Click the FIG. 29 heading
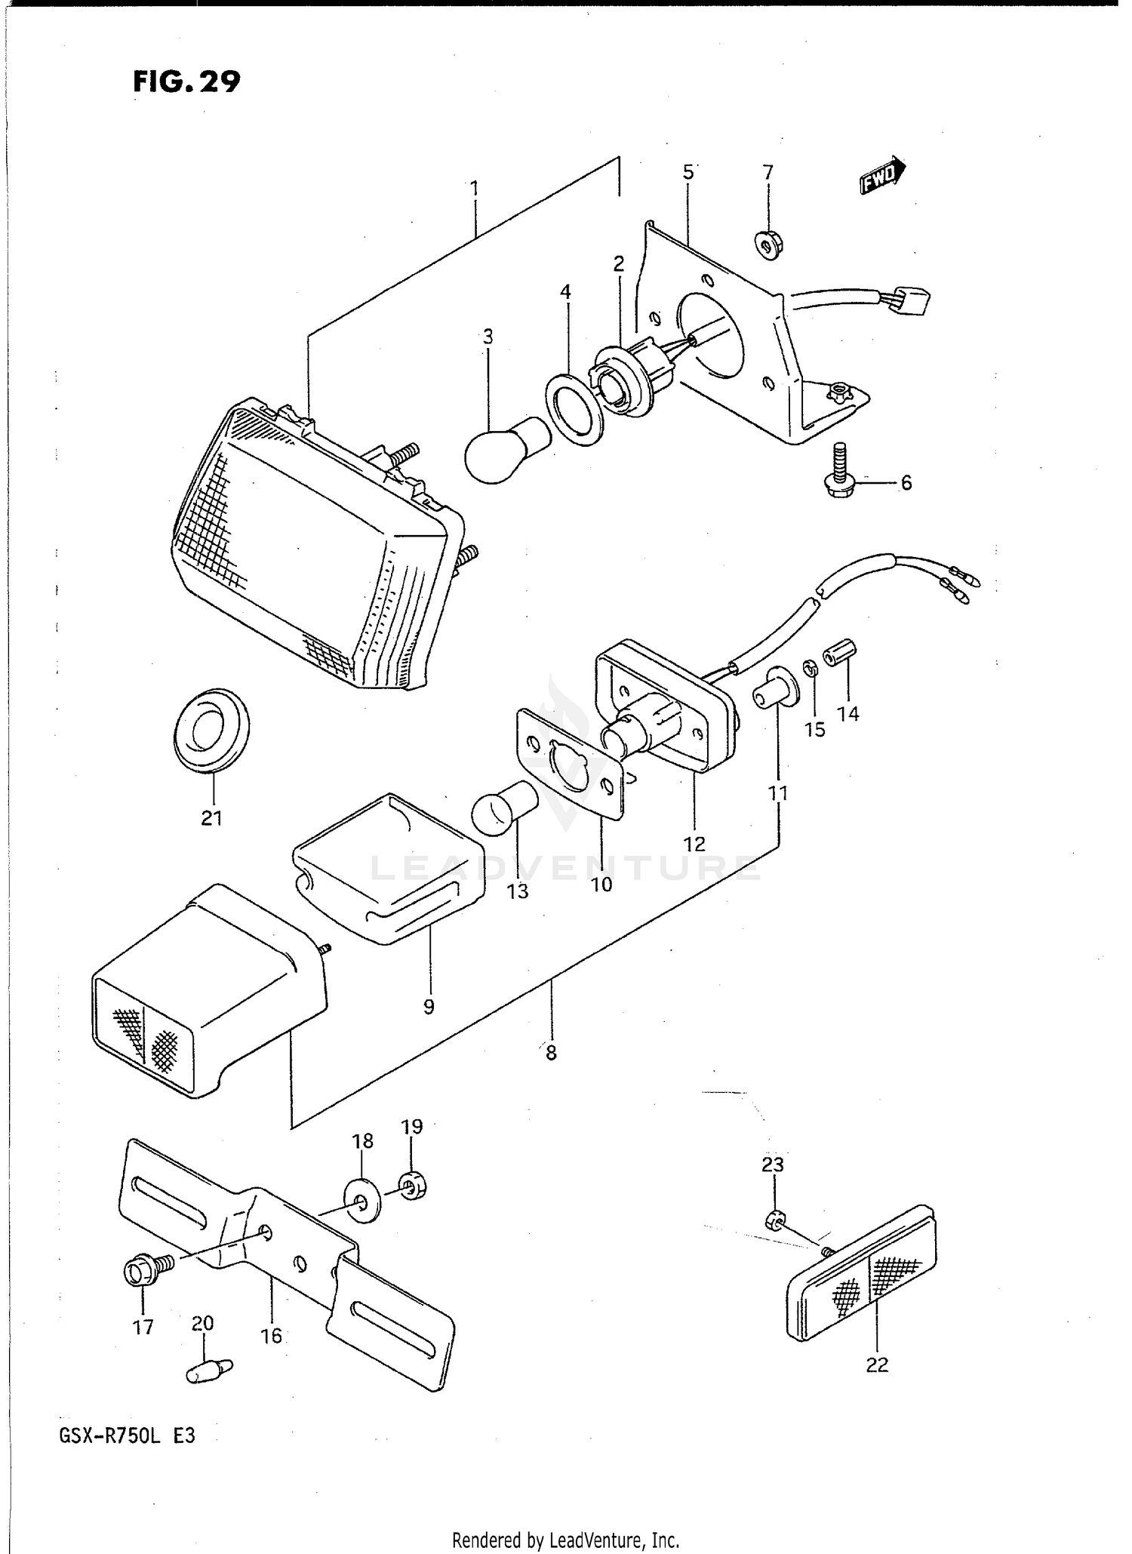[186, 82]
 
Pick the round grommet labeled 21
[211, 730]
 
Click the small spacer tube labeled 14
[838, 652]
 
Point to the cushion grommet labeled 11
[774, 688]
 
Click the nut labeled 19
[412, 1186]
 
